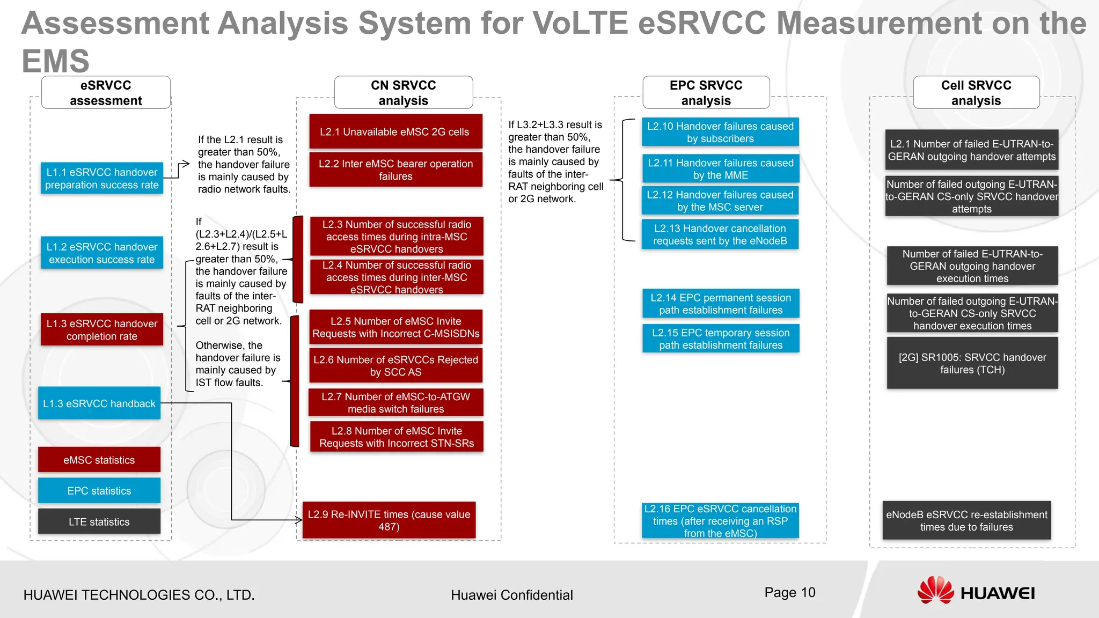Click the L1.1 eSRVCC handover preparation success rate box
click(x=102, y=178)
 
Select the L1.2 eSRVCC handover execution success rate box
click(x=102, y=253)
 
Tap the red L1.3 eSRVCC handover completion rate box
click(x=102, y=329)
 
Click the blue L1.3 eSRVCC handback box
click(x=99, y=403)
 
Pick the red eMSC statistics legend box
click(x=99, y=460)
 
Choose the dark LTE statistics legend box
click(x=99, y=521)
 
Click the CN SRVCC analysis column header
click(x=404, y=93)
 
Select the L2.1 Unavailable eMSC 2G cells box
click(x=395, y=131)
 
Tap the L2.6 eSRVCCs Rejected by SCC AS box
click(x=395, y=366)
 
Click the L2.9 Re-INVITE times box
click(x=389, y=520)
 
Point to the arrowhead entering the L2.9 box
click(x=299, y=519)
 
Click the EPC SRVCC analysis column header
click(x=706, y=93)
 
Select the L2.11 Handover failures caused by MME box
click(x=720, y=168)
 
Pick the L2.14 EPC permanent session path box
click(x=721, y=304)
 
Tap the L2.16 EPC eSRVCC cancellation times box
click(x=720, y=520)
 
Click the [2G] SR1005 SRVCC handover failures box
click(x=972, y=363)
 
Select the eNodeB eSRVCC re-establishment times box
click(x=966, y=520)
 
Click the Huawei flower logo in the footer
click(x=935, y=590)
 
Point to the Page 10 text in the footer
click(x=789, y=592)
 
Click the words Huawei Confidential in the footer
click(x=511, y=595)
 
